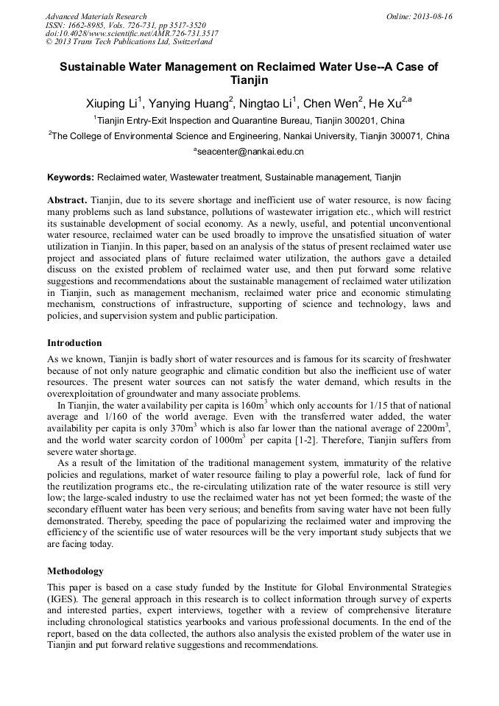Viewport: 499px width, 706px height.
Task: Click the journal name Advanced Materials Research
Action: tap(96, 16)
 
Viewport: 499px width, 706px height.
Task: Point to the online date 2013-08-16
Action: tap(433, 16)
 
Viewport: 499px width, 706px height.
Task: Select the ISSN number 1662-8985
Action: tap(88, 25)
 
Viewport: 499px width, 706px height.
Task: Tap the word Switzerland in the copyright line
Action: tap(186, 42)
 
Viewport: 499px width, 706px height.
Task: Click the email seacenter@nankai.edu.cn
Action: tap(249, 152)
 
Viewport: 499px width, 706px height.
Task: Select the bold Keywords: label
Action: tap(71, 178)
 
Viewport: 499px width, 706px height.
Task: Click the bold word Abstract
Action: tap(67, 200)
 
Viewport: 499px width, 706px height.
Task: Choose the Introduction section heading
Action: tap(74, 343)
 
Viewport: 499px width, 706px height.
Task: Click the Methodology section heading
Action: tap(75, 571)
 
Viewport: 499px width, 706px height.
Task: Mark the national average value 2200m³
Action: tap(432, 428)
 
